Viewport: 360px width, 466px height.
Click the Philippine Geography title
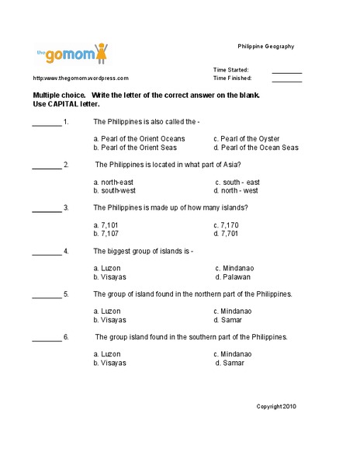[265, 47]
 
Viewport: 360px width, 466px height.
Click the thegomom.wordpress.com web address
[81, 78]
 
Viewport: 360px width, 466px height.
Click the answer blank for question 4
[47, 252]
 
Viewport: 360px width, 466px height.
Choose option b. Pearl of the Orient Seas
[135, 148]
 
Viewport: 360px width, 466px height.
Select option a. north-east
[118, 182]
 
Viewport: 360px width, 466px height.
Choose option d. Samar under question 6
[230, 363]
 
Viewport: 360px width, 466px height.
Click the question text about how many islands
[170, 208]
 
